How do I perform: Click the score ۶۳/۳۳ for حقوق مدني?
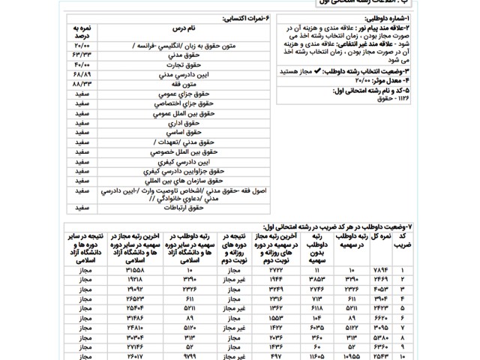pos(82,55)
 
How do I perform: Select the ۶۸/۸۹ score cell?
pos(82,76)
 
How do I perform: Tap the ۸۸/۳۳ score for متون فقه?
pos(82,85)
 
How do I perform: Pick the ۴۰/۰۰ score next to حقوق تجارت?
pos(82,65)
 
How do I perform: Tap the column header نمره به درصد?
pos(82,31)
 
